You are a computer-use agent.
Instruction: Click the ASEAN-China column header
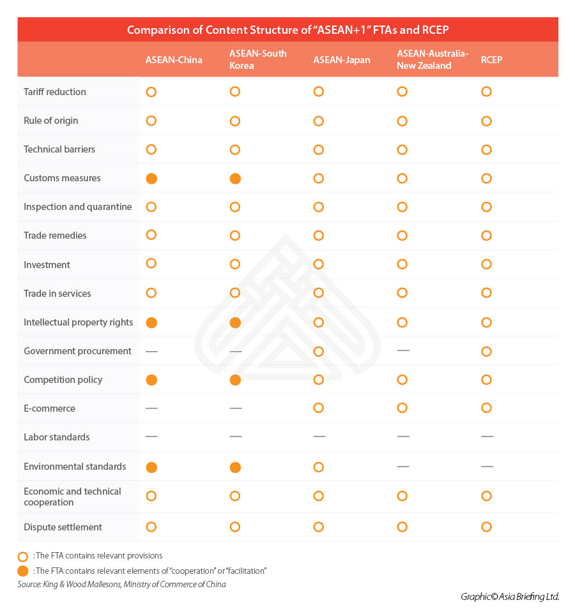tap(174, 60)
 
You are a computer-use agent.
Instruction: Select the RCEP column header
tap(491, 60)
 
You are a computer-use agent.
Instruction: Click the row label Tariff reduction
tap(55, 92)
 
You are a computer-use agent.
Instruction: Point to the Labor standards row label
tap(57, 437)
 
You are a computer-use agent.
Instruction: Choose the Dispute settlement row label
tap(63, 527)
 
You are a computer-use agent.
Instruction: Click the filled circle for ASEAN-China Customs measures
tap(151, 179)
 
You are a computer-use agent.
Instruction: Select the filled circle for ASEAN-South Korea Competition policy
tap(235, 380)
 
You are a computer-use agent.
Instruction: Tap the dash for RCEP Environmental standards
tap(487, 467)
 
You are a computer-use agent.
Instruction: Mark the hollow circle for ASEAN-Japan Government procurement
tap(319, 352)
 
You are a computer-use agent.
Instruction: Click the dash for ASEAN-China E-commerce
tap(151, 408)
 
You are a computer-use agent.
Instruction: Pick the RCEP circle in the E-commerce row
tap(487, 408)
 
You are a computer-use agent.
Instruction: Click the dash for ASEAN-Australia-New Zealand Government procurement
tap(402, 351)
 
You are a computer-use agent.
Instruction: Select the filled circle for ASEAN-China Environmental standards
tap(151, 467)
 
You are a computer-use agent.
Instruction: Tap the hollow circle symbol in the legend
tap(24, 556)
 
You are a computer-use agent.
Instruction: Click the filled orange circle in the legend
tap(24, 571)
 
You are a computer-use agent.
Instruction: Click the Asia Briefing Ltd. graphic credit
tap(510, 597)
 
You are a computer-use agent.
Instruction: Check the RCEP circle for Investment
tap(487, 264)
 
